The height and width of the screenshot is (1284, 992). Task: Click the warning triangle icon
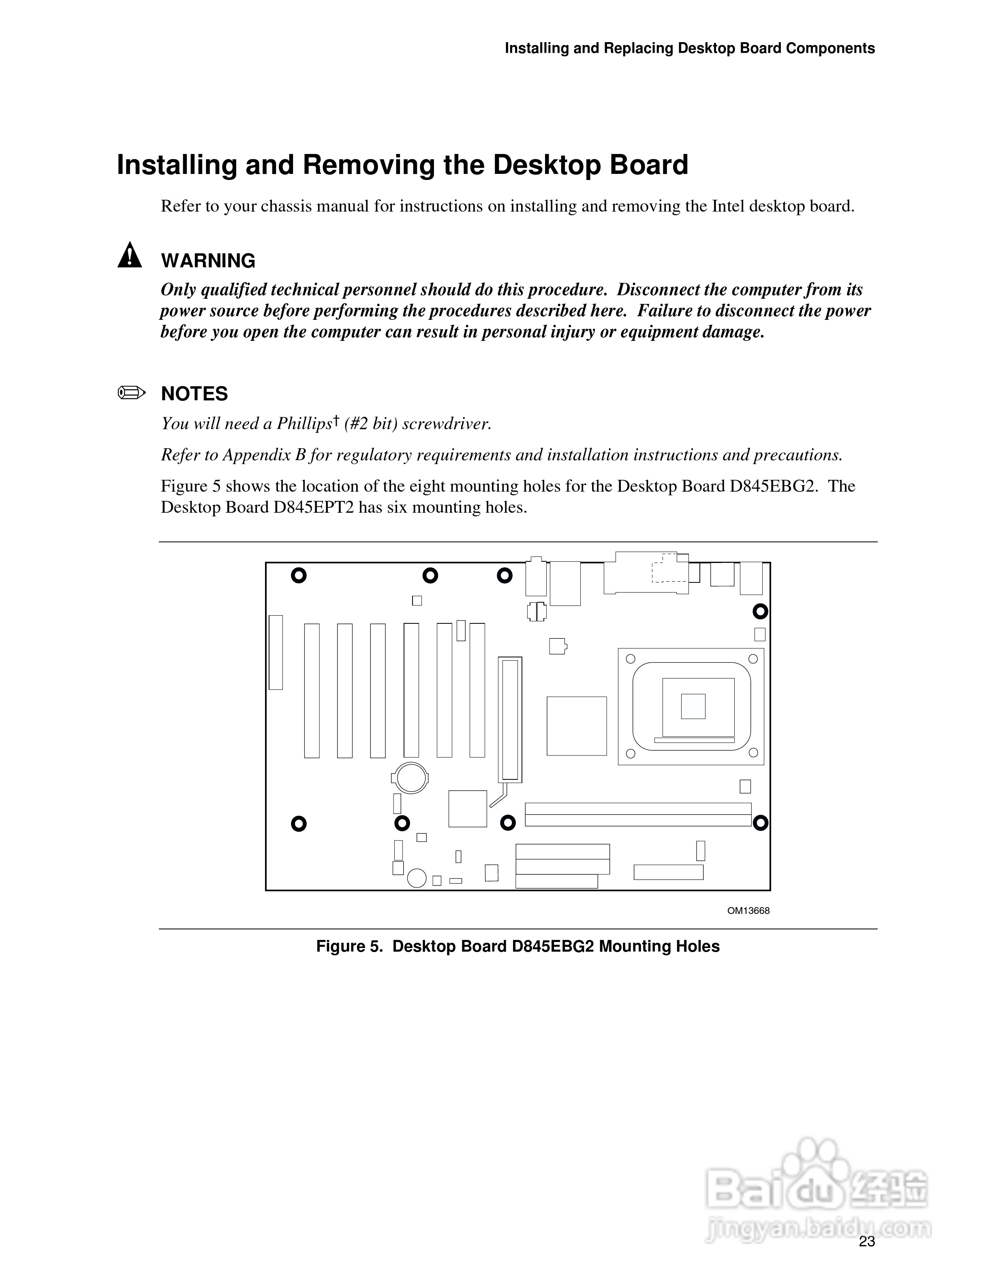click(x=129, y=256)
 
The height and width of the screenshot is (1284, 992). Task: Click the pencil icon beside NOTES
click(x=131, y=393)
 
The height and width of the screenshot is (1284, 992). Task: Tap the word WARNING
click(x=208, y=261)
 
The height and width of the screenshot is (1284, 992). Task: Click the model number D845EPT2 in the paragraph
click(x=314, y=507)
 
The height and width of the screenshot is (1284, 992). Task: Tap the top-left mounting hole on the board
click(x=299, y=575)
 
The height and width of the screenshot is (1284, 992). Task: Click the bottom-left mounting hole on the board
click(x=299, y=824)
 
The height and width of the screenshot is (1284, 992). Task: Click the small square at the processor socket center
click(x=693, y=706)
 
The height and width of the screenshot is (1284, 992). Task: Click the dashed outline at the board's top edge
click(x=669, y=567)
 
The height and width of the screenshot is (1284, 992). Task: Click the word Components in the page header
click(x=830, y=48)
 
